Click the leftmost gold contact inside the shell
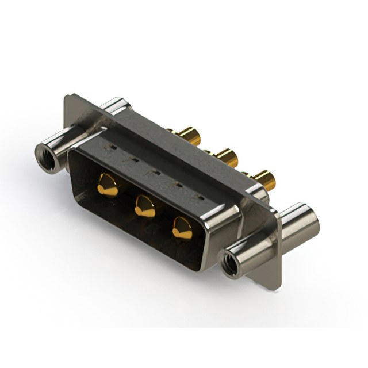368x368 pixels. (107, 185)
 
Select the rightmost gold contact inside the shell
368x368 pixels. (183, 228)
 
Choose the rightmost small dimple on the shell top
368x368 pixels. (198, 198)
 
